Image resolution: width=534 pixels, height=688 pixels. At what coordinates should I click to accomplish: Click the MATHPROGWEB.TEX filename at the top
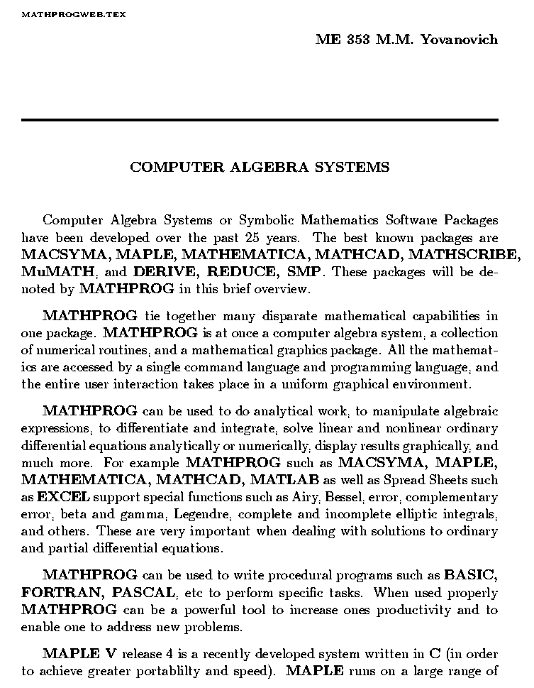(x=74, y=14)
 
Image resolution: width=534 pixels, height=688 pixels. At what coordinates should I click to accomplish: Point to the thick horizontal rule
(x=260, y=120)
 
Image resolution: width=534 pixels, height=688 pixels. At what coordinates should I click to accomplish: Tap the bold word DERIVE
(x=167, y=271)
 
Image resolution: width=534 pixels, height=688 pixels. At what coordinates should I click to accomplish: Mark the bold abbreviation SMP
(x=304, y=271)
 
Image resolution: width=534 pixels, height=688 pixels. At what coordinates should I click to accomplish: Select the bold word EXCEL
(x=59, y=497)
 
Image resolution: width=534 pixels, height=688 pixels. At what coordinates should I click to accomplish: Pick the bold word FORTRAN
(x=59, y=593)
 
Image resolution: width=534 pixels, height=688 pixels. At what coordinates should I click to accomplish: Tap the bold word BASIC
(x=471, y=576)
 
